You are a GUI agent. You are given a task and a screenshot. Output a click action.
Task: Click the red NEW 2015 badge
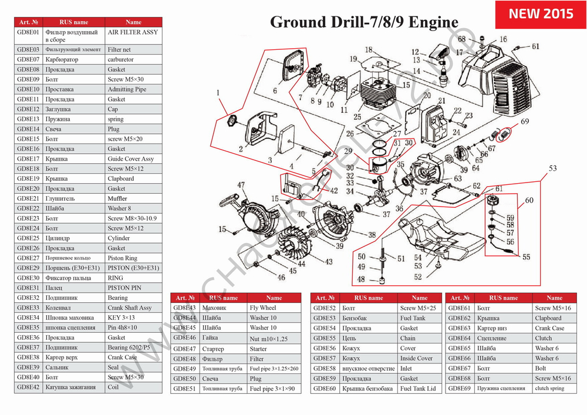pyautogui.click(x=541, y=14)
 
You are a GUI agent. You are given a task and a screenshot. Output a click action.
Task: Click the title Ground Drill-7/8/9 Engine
pyautogui.click(x=364, y=22)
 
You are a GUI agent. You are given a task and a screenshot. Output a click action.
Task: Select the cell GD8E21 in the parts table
pyautogui.click(x=28, y=198)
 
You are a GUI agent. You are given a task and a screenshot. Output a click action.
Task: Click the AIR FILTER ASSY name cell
pyautogui.click(x=133, y=32)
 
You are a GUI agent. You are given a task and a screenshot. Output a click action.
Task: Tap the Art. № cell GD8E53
pyautogui.click(x=325, y=318)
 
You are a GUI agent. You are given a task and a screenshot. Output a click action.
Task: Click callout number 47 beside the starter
pyautogui.click(x=241, y=185)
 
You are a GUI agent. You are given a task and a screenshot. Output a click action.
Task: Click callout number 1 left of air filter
pyautogui.click(x=218, y=92)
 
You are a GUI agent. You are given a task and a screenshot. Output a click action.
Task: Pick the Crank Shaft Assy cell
pyautogui.click(x=130, y=308)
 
